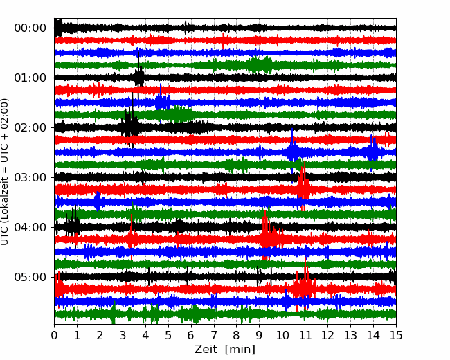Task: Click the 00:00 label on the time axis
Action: click(x=30, y=28)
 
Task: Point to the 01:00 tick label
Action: click(x=30, y=78)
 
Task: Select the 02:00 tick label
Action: click(x=30, y=127)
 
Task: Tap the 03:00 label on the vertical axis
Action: click(x=30, y=177)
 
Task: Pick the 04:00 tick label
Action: click(x=30, y=227)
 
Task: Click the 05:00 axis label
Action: click(x=30, y=277)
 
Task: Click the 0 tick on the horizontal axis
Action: click(x=54, y=335)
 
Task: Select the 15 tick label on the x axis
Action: click(x=396, y=335)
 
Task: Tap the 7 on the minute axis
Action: click(x=214, y=335)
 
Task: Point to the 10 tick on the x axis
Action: click(x=282, y=335)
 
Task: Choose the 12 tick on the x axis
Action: click(x=327, y=335)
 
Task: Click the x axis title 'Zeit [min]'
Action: click(x=225, y=350)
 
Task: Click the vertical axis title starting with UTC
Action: click(x=5, y=172)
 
